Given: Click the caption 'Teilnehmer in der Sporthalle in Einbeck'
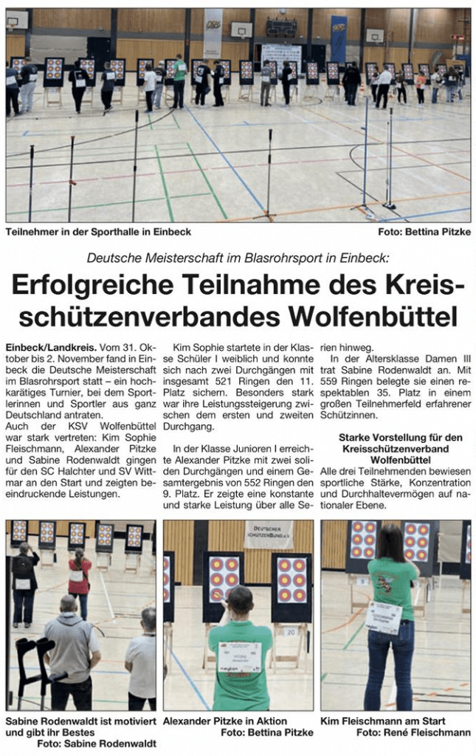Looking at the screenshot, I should (98, 232).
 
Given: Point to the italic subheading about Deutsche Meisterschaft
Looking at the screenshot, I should (238, 258).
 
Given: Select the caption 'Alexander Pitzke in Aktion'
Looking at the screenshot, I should (225, 720).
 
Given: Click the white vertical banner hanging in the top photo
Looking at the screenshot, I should (213, 33).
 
